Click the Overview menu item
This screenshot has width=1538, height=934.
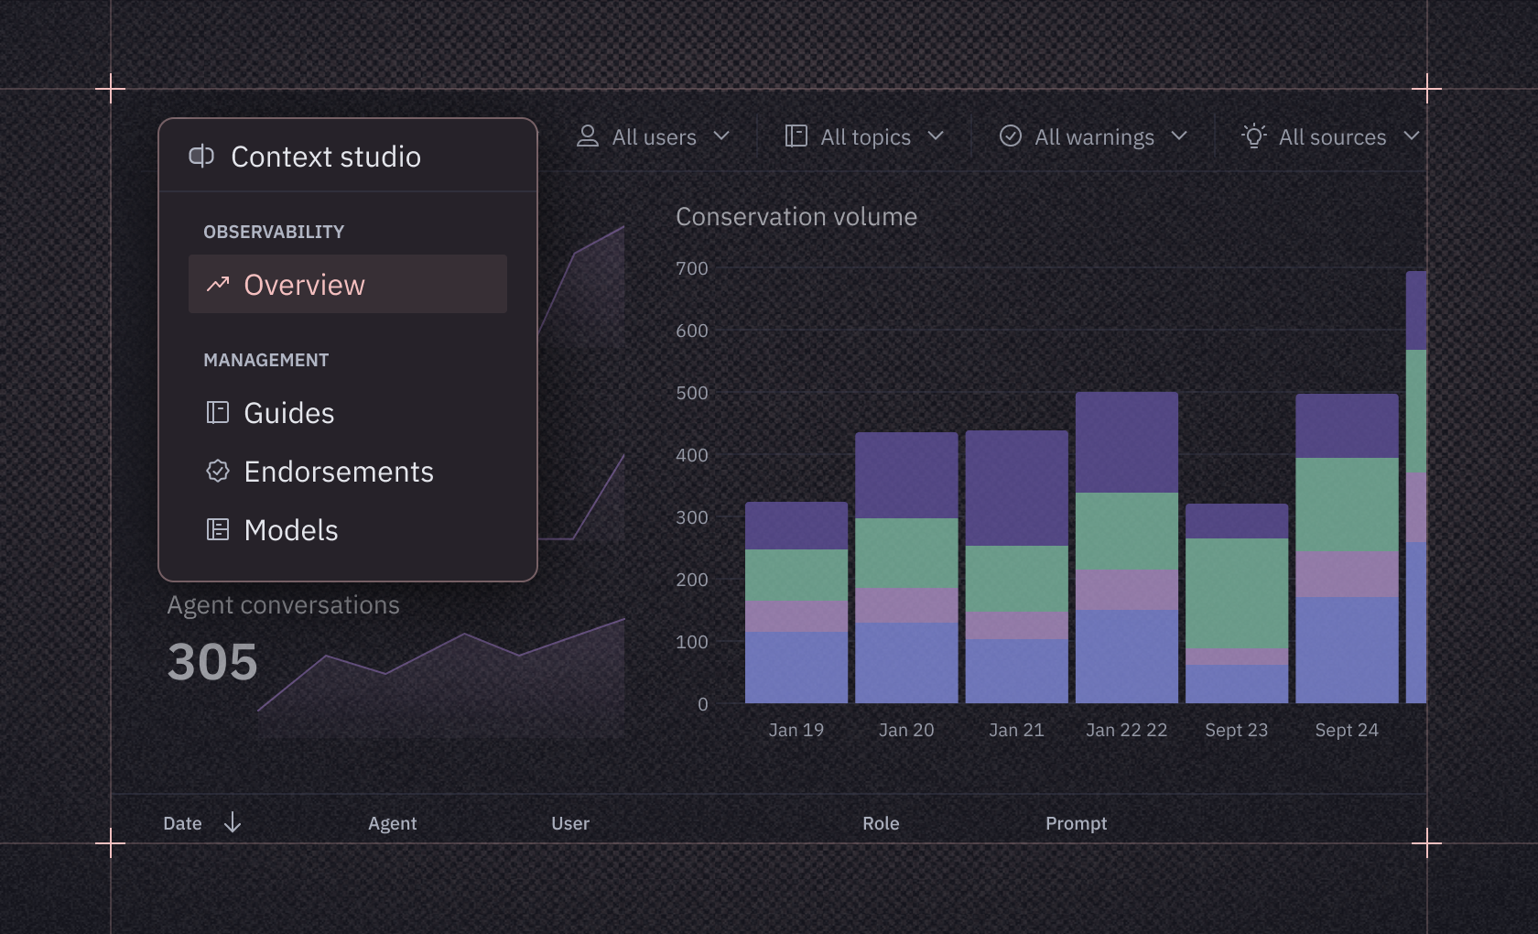pos(304,285)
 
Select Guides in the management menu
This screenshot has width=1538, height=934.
pos(288,413)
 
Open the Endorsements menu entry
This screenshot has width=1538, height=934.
pos(338,472)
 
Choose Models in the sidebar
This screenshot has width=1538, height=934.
pos(290,530)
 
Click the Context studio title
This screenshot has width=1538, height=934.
pos(325,157)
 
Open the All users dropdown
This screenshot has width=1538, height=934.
pos(654,136)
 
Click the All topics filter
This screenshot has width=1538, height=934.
pos(865,136)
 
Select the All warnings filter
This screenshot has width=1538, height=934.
pos(1094,136)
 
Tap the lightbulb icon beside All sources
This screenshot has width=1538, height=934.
pos(1253,136)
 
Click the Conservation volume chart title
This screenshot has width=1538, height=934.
pos(796,217)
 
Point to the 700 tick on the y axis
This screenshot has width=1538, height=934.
pos(691,268)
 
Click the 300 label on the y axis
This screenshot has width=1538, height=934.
pos(691,517)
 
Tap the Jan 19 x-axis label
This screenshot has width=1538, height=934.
pos(796,730)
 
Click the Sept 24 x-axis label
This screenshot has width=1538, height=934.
pos(1346,730)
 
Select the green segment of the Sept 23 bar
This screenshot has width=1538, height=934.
pos(1236,592)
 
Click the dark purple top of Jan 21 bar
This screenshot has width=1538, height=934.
pos(1016,487)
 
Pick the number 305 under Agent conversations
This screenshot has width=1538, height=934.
pos(212,661)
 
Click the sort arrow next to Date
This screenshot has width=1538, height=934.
pos(233,822)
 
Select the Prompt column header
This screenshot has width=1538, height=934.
pos(1076,823)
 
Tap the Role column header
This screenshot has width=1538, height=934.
pos(880,823)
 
